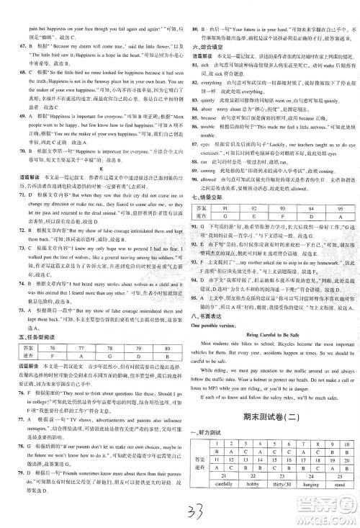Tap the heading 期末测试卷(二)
pyautogui.click(x=269, y=407)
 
